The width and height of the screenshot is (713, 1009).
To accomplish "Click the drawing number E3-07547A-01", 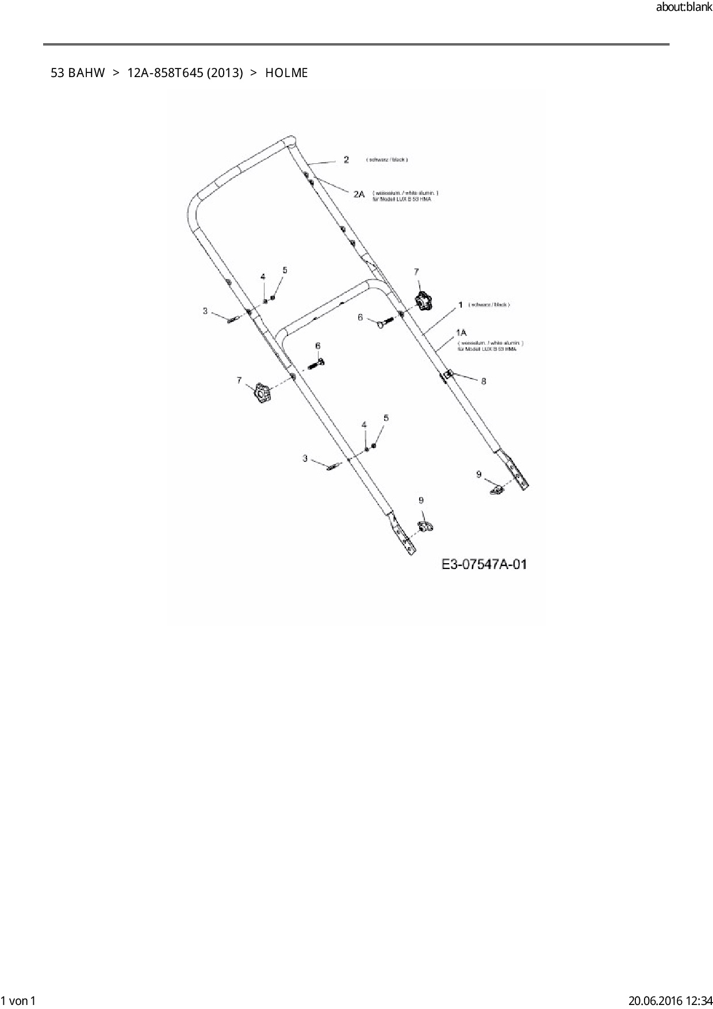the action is pyautogui.click(x=484, y=564).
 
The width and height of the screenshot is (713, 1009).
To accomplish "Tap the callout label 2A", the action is pyautogui.click(x=359, y=194).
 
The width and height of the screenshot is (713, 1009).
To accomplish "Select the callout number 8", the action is pyautogui.click(x=484, y=381).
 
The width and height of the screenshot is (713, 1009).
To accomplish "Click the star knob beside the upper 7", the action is pyautogui.click(x=424, y=301).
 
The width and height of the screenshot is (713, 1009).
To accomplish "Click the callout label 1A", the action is pyautogui.click(x=461, y=332).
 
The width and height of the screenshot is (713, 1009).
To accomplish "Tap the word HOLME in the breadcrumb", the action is pyautogui.click(x=286, y=73).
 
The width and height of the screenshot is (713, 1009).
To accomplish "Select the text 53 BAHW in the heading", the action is pyautogui.click(x=78, y=73).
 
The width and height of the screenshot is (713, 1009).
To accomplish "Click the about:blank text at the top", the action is pyautogui.click(x=684, y=8).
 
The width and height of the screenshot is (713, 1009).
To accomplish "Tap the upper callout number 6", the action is pyautogui.click(x=361, y=317).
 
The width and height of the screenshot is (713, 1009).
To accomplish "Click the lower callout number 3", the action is pyautogui.click(x=305, y=458).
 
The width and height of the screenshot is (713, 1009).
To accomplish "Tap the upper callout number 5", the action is pyautogui.click(x=285, y=270).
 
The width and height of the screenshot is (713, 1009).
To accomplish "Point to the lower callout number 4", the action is pyautogui.click(x=364, y=425).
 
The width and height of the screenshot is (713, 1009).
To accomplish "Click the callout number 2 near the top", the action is pyautogui.click(x=346, y=159).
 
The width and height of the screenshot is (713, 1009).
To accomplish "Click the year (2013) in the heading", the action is pyautogui.click(x=225, y=73).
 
